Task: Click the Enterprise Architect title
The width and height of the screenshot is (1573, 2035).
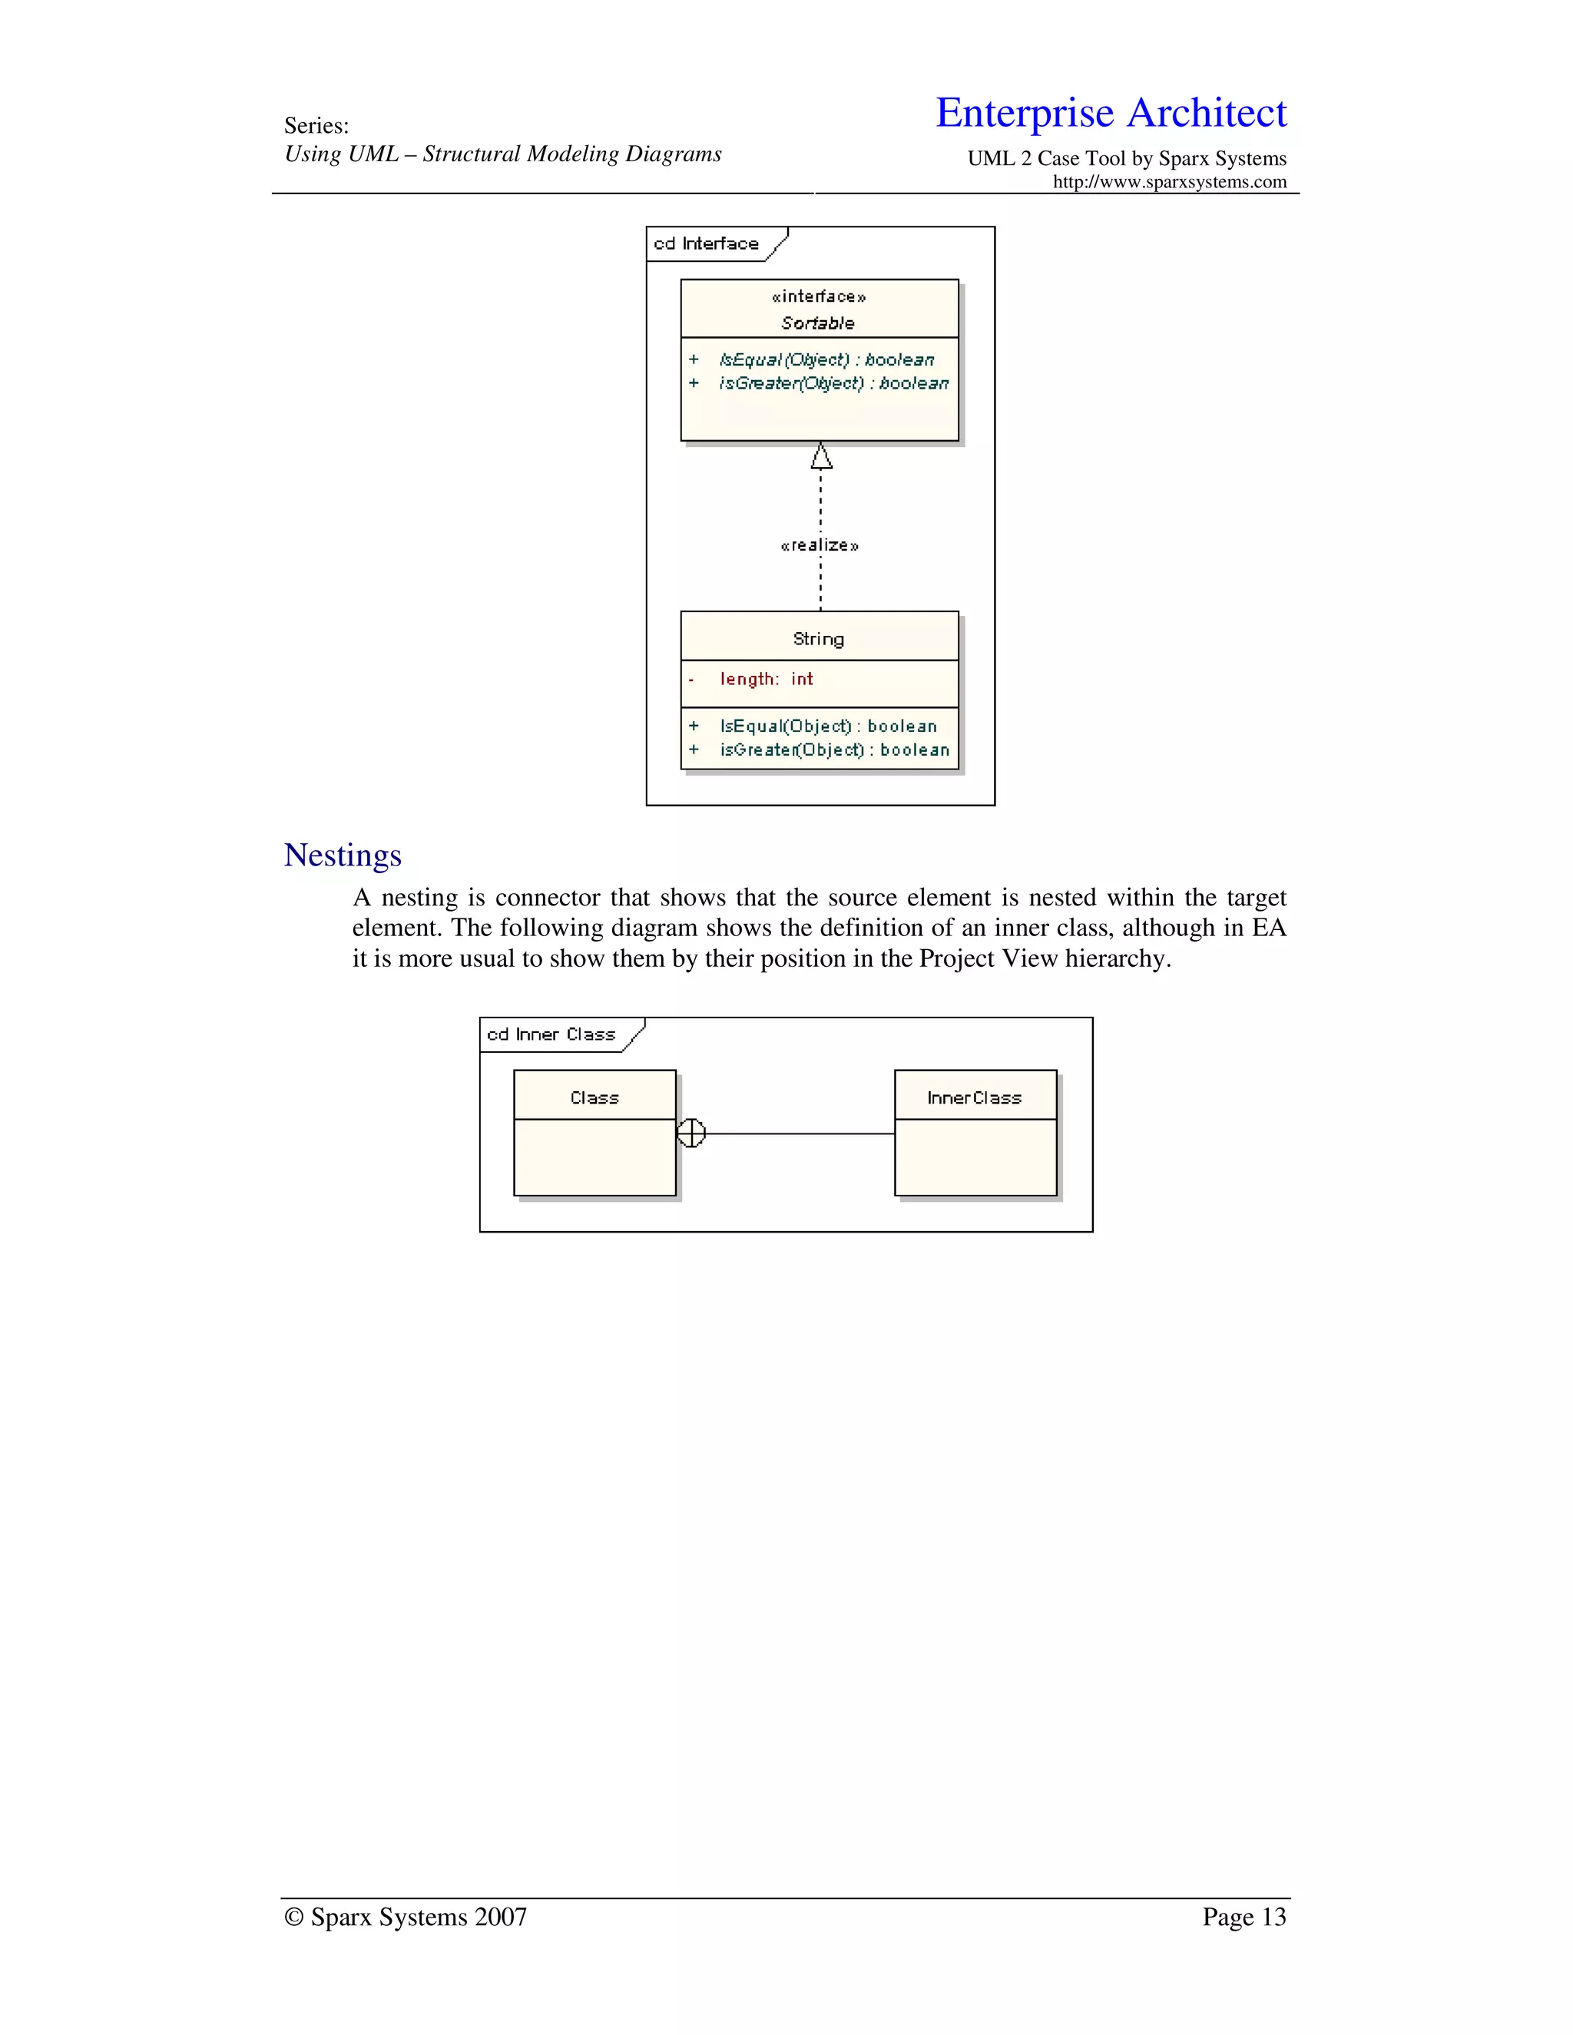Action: [1110, 113]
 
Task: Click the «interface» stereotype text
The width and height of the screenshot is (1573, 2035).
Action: [818, 296]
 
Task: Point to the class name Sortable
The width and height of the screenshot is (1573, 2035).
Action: [817, 323]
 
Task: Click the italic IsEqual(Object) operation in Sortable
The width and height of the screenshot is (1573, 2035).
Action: [826, 359]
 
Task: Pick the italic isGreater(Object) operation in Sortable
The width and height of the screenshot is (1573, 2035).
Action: [833, 383]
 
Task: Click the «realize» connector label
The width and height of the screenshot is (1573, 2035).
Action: [819, 545]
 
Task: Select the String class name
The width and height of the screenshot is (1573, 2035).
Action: [818, 639]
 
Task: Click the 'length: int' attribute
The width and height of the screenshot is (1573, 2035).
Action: [766, 680]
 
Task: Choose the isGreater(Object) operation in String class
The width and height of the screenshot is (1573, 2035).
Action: [834, 750]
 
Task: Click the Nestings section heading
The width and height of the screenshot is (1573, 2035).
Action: [342, 855]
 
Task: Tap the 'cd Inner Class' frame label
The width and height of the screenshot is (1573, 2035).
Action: [551, 1034]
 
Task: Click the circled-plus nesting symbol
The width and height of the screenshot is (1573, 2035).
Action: [690, 1133]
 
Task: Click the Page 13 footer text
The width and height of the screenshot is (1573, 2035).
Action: [1243, 1917]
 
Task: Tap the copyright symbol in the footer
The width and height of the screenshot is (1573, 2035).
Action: [293, 1918]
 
